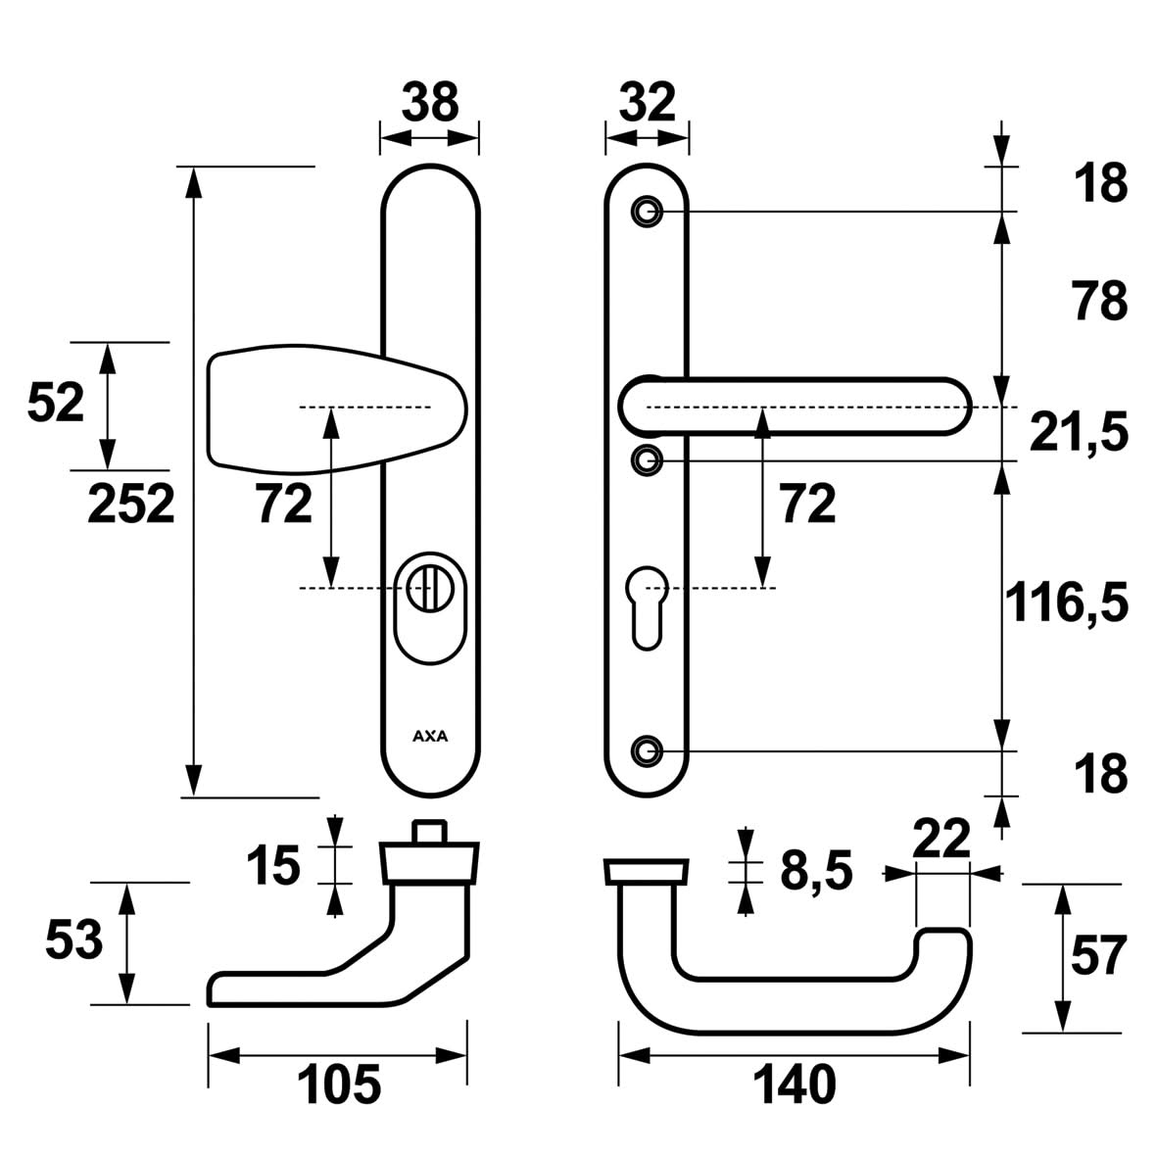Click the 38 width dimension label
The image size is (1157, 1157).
tap(429, 101)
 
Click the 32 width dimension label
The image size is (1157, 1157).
tap(647, 101)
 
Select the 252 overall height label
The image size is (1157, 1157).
tap(131, 504)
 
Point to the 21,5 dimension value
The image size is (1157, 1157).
tap(1079, 431)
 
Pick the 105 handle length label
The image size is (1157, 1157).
tap(338, 1085)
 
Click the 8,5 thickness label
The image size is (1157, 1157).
tap(817, 870)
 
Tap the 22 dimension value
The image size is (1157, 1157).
tap(940, 839)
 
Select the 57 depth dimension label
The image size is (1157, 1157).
tap(1097, 956)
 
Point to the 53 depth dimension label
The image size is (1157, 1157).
tap(73, 941)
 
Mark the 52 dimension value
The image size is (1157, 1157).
tap(56, 403)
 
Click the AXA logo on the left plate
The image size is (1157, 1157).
tap(429, 737)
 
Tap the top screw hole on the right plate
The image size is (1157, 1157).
tap(645, 212)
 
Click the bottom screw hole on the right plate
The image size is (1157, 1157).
tap(645, 750)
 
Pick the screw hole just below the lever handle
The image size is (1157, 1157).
tap(645, 458)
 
